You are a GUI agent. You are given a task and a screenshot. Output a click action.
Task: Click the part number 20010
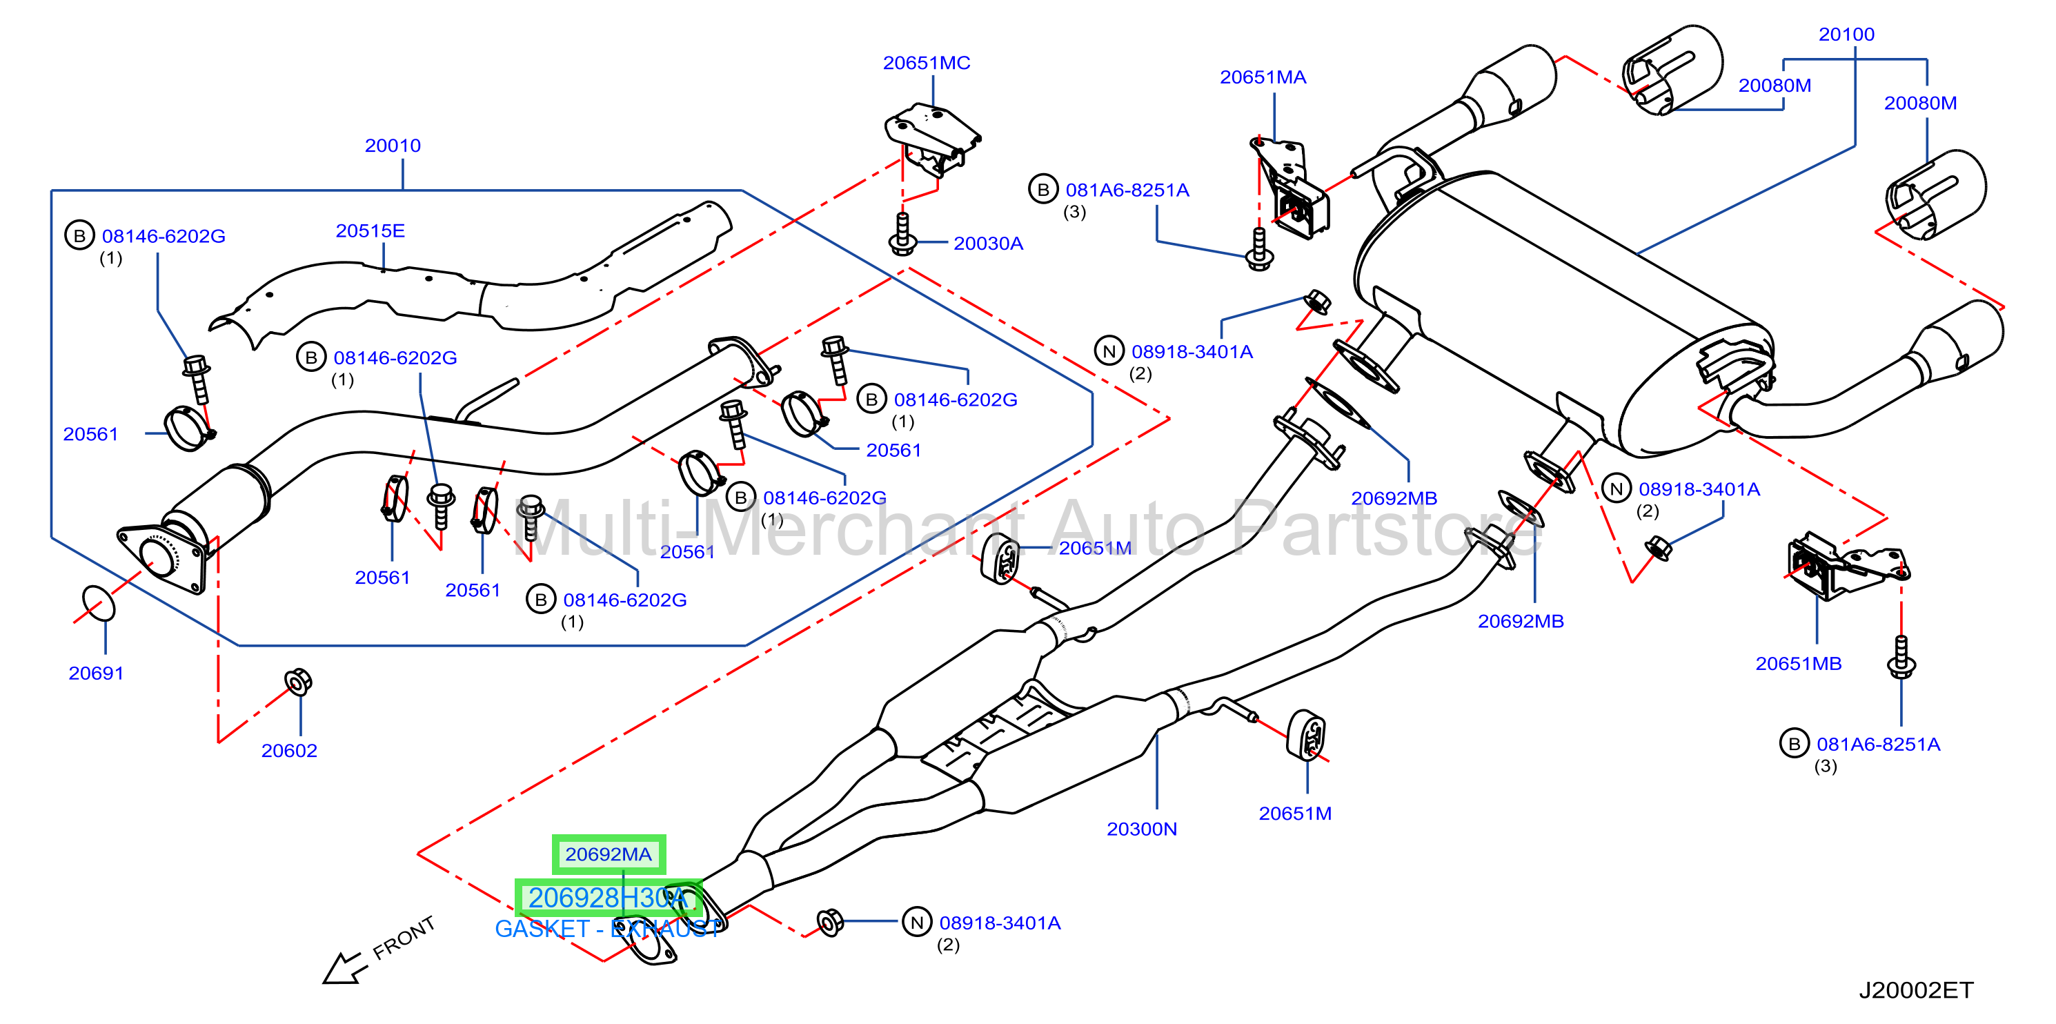pyautogui.click(x=393, y=146)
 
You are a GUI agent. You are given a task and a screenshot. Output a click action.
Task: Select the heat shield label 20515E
pyautogui.click(x=370, y=230)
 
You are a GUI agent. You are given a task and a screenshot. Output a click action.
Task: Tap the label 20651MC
pyautogui.click(x=926, y=62)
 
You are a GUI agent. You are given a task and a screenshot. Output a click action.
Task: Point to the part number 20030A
pyautogui.click(x=988, y=244)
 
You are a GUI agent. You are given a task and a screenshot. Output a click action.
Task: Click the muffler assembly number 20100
pyautogui.click(x=1846, y=35)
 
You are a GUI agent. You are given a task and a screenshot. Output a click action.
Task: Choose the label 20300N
pyautogui.click(x=1141, y=829)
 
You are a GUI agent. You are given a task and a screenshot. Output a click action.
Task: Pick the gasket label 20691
pyautogui.click(x=96, y=673)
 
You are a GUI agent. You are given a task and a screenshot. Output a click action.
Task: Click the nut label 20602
pyautogui.click(x=289, y=750)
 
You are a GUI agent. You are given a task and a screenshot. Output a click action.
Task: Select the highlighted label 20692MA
pyautogui.click(x=609, y=854)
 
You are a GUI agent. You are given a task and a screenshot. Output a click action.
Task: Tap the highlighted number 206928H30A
pyautogui.click(x=609, y=898)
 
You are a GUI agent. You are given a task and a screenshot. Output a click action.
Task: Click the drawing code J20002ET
pyautogui.click(x=1915, y=990)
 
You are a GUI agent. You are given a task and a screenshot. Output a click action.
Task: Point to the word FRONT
pyautogui.click(x=404, y=938)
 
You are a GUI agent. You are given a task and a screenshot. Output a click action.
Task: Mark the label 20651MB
pyautogui.click(x=1798, y=663)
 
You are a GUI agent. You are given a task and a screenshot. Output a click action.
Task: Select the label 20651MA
pyautogui.click(x=1263, y=77)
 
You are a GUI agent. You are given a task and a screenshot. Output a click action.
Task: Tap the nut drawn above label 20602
pyautogui.click(x=299, y=682)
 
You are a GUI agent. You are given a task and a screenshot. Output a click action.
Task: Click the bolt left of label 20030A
pyautogui.click(x=902, y=234)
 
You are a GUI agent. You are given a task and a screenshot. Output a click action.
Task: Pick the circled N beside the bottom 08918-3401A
pyautogui.click(x=917, y=922)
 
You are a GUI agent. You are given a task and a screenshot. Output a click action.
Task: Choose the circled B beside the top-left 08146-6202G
pyautogui.click(x=79, y=235)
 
